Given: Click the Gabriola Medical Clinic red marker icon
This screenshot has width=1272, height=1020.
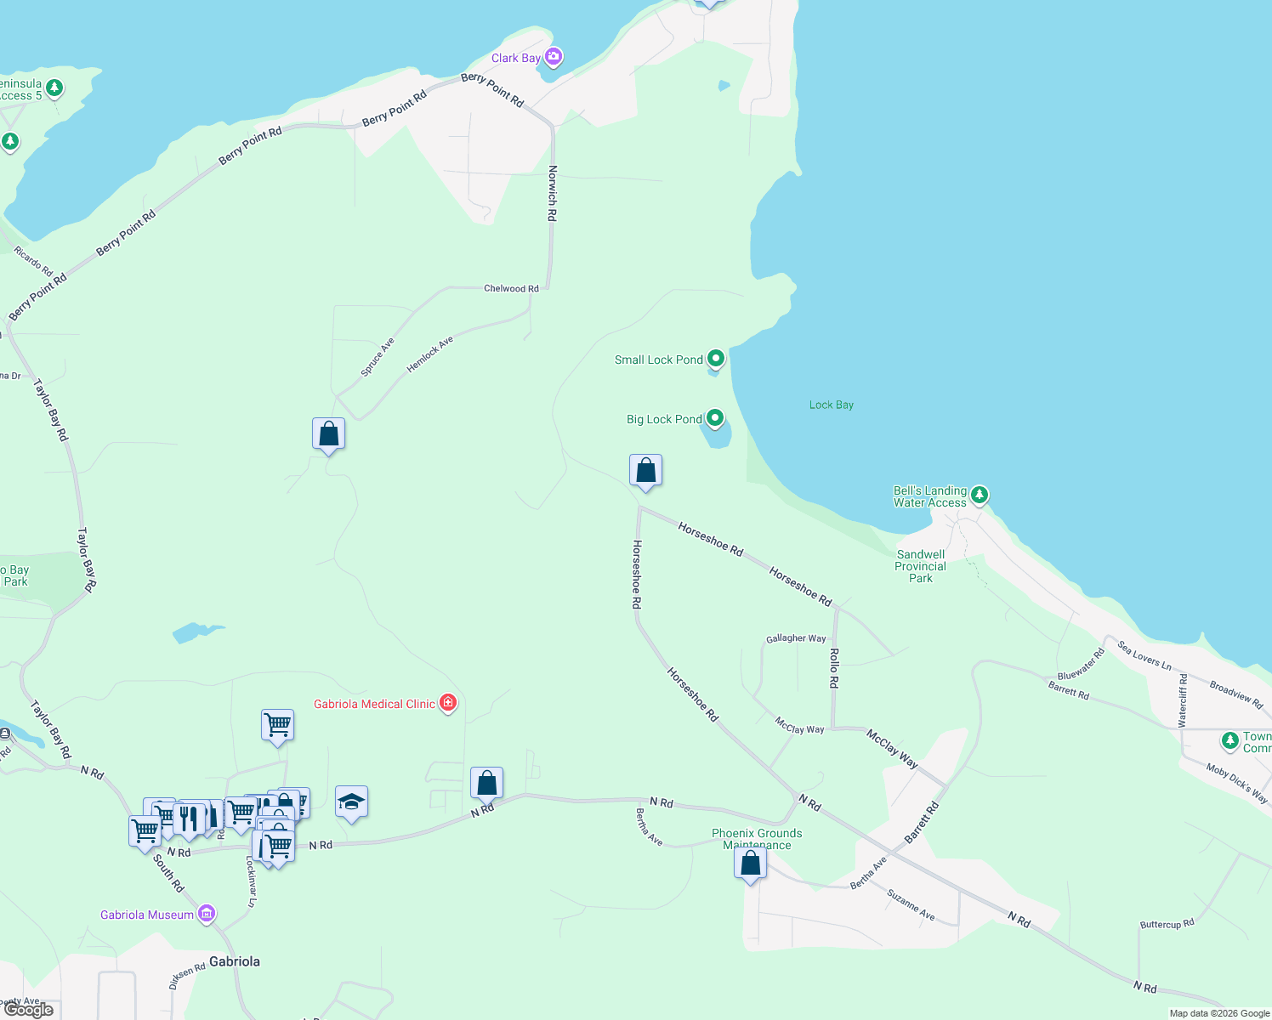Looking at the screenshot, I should click(448, 703).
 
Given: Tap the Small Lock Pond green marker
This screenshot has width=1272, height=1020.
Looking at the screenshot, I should click(716, 359).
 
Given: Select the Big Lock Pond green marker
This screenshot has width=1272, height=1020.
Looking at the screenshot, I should click(715, 418).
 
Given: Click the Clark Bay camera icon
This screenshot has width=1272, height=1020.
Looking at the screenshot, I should click(554, 57).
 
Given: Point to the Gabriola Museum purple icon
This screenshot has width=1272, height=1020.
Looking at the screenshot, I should click(206, 914).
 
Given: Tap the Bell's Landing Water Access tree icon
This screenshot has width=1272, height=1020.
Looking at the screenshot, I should click(980, 494).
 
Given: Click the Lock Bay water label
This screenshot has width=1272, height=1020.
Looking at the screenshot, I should click(831, 405).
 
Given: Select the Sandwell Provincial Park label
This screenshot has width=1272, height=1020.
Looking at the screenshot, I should click(920, 566).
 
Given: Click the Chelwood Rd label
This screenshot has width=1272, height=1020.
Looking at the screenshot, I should click(511, 288).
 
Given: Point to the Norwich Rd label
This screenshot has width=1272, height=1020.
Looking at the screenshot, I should click(552, 194).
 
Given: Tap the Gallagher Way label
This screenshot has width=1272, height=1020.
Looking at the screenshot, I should click(796, 638).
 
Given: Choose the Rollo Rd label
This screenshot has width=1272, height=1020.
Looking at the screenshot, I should click(834, 668).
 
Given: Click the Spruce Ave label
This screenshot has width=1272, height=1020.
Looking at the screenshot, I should click(378, 357).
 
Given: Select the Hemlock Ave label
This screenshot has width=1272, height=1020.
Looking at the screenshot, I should click(430, 354).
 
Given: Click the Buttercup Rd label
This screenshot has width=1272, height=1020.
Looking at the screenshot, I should click(1167, 924).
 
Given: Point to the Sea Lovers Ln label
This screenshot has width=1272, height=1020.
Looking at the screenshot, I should click(1144, 655).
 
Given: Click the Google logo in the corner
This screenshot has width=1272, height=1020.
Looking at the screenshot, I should click(29, 1010).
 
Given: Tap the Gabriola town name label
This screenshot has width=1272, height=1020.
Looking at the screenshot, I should click(234, 961).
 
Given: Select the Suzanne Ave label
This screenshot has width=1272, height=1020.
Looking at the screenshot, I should click(911, 905).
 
